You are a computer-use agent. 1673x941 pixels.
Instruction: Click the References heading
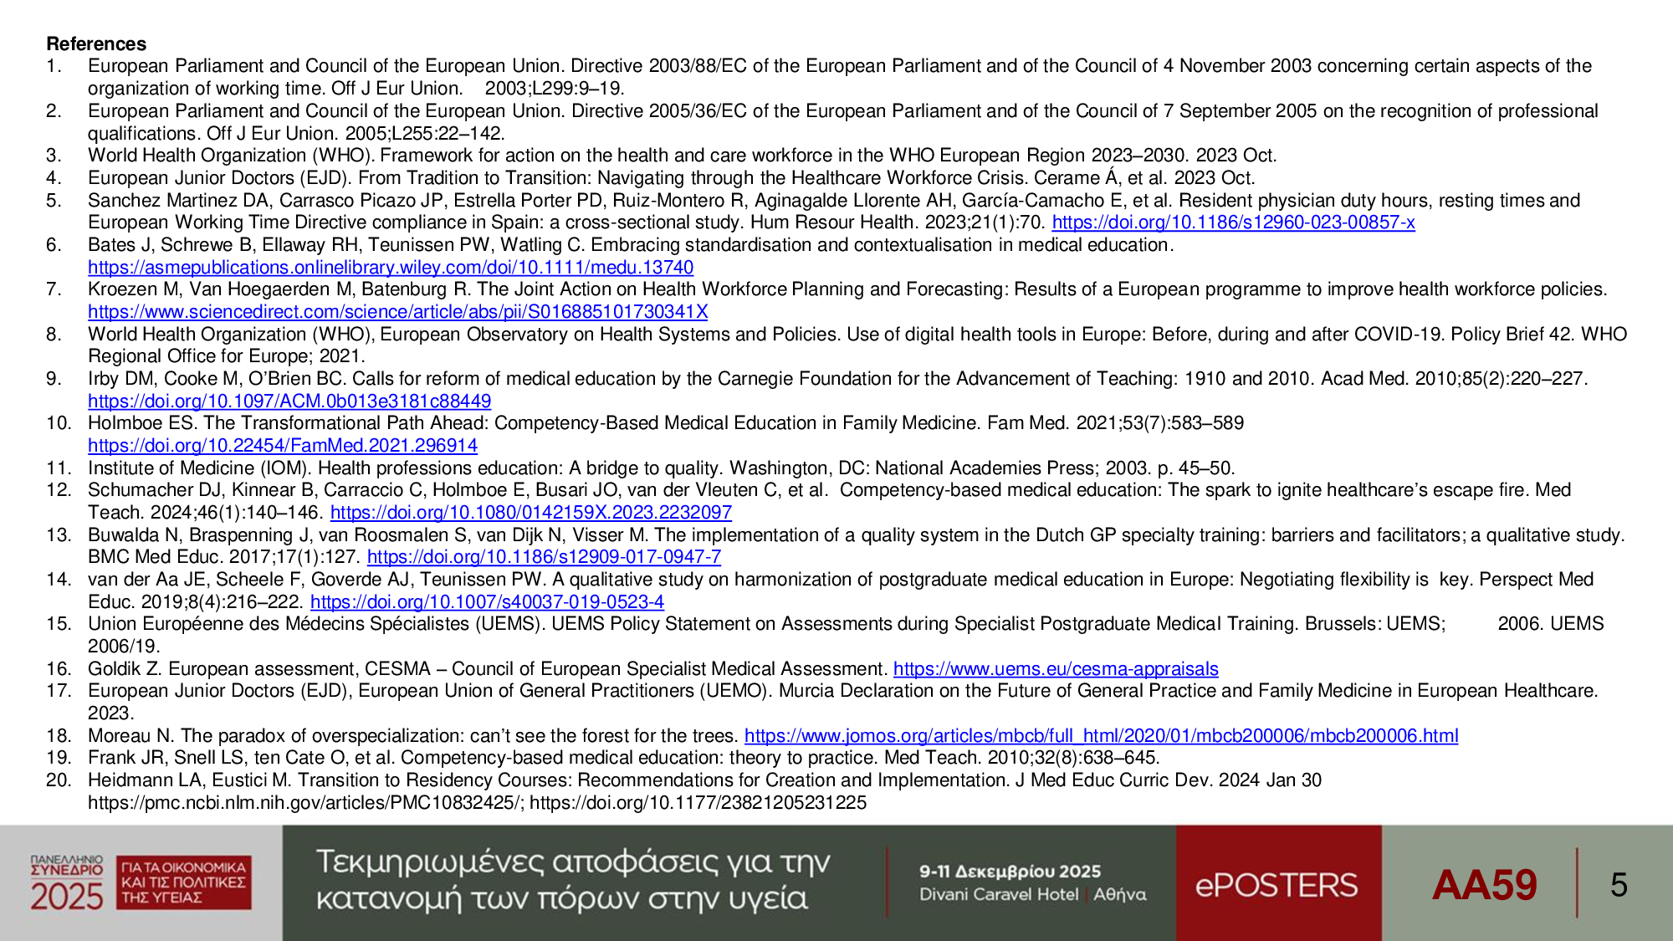96,43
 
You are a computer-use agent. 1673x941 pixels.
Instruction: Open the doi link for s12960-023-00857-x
1233,222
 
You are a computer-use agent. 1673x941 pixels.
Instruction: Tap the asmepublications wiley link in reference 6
391,268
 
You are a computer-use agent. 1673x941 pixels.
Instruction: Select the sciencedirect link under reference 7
397,312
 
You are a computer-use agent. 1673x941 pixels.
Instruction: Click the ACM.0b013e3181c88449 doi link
289,401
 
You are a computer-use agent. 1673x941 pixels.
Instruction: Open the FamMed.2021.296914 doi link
283,446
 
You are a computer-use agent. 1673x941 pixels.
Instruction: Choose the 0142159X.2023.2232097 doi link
530,513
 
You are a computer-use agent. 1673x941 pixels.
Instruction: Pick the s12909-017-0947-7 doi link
544,557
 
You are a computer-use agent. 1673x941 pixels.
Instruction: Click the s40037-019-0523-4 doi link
487,602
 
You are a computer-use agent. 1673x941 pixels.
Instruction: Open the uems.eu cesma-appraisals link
1056,669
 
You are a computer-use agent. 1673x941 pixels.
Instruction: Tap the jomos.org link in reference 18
1101,736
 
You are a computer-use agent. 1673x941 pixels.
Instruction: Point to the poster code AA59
1484,885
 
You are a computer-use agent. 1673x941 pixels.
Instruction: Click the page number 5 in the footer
1619,885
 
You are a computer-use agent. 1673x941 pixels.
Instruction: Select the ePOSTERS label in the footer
1276,885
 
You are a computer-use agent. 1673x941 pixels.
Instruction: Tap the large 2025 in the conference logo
67,897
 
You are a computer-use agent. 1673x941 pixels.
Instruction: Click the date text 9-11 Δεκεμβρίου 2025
1010,872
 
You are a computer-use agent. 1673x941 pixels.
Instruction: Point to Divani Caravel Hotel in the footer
999,895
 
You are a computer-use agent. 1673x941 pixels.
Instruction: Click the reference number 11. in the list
59,468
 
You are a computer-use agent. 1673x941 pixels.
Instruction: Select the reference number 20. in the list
59,780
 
